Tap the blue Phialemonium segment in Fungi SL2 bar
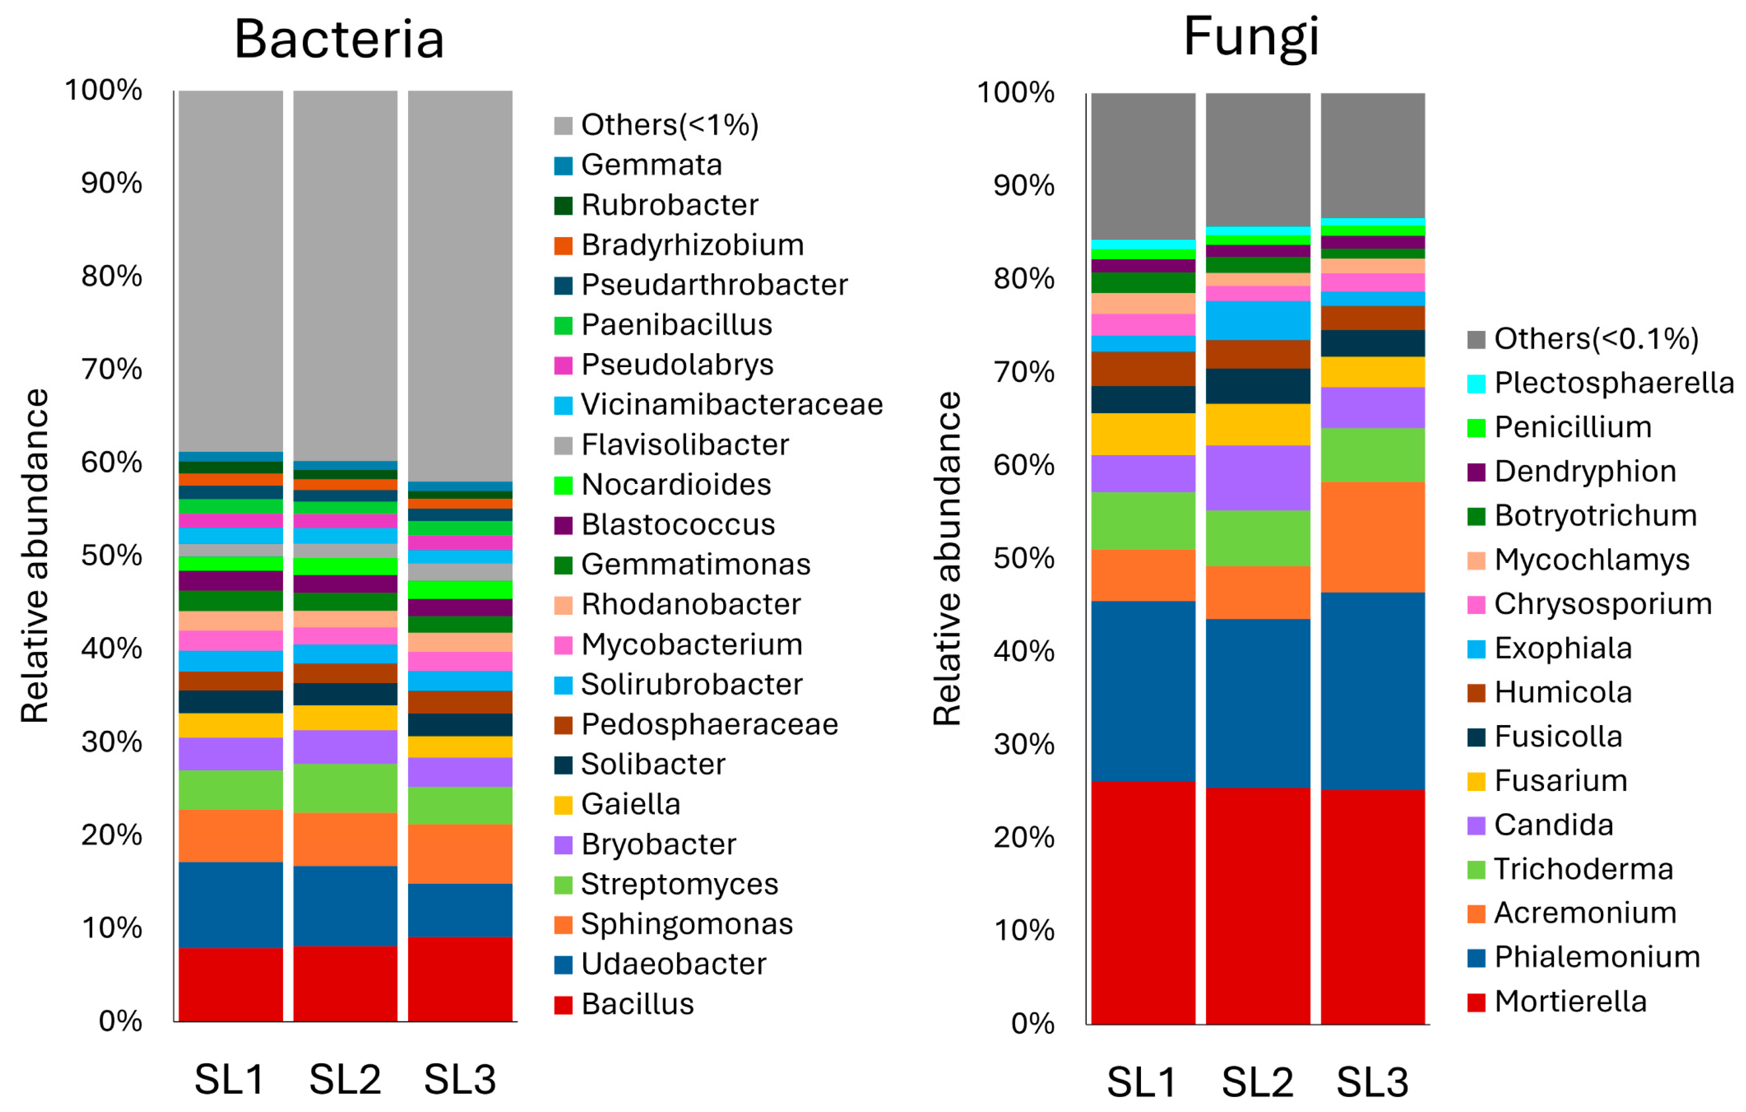(1258, 703)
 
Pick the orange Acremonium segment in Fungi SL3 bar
(1373, 537)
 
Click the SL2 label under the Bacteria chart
(345, 1079)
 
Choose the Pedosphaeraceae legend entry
(709, 725)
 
